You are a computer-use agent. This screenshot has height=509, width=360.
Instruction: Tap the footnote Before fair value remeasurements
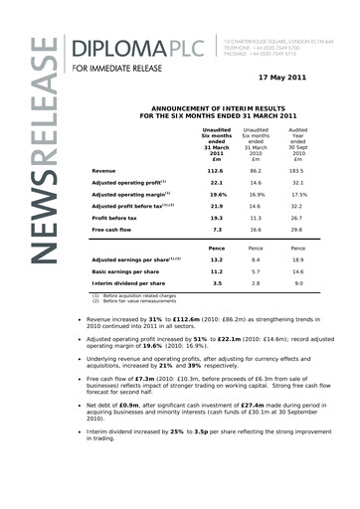146,330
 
